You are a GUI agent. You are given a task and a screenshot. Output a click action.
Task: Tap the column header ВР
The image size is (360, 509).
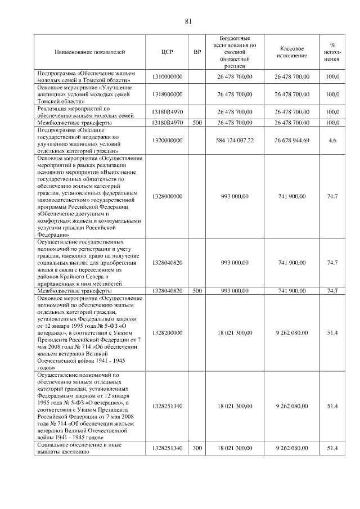coord(197,52)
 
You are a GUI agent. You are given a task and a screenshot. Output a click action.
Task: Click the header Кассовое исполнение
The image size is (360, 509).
coord(291,52)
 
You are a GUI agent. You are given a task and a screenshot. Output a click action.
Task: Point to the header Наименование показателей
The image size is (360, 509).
coord(90,52)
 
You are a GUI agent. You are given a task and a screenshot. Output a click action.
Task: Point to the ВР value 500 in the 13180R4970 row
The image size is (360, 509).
coord(197,122)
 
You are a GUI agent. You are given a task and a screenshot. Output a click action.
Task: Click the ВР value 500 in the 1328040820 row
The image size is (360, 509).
coord(197,291)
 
